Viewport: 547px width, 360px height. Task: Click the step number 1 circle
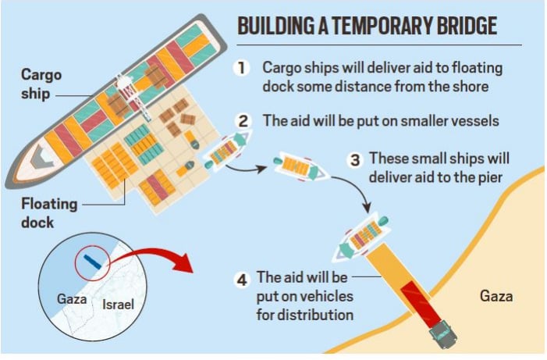(241, 68)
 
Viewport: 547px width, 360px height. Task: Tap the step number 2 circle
(243, 121)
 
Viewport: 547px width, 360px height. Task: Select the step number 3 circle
(355, 160)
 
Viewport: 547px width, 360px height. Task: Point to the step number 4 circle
(242, 280)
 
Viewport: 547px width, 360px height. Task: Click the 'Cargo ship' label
(41, 84)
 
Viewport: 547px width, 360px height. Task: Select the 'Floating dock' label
(49, 212)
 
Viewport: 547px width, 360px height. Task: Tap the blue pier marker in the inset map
(92, 262)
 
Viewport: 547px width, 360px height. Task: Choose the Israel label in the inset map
(118, 305)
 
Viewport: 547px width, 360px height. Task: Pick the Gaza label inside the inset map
(72, 299)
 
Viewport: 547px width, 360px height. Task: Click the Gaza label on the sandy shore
(496, 296)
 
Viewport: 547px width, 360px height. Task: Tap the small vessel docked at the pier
(361, 237)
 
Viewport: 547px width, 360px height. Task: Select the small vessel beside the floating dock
(227, 150)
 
